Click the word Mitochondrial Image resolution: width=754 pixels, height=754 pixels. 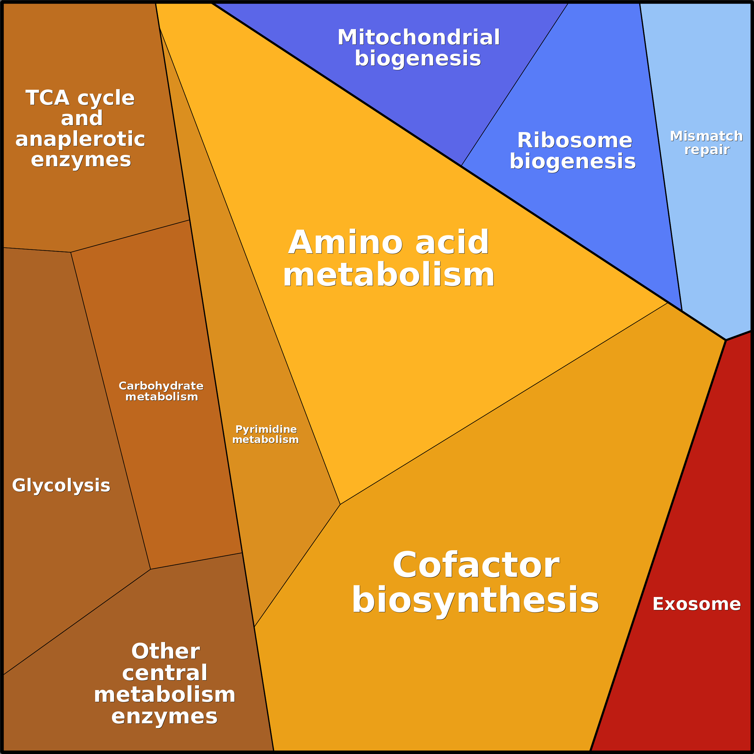coord(418,38)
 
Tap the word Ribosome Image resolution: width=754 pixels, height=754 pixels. coord(575,140)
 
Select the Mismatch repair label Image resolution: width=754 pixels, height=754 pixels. coord(706,143)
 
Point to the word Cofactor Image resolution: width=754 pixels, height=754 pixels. coord(476,565)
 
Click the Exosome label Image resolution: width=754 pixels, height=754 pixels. coord(697,604)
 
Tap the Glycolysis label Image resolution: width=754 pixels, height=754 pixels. coord(61,485)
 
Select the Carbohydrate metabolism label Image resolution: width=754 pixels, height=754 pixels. coord(161,391)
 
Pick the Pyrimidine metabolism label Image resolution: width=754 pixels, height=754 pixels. coord(266,434)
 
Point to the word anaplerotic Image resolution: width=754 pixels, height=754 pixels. coord(80,139)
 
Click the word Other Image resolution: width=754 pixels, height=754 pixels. coord(165,651)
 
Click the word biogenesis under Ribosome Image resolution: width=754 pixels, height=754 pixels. coord(572,161)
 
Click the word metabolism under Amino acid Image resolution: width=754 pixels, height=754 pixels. coord(389,275)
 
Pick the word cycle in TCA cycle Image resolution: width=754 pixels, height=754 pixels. coord(106,98)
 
